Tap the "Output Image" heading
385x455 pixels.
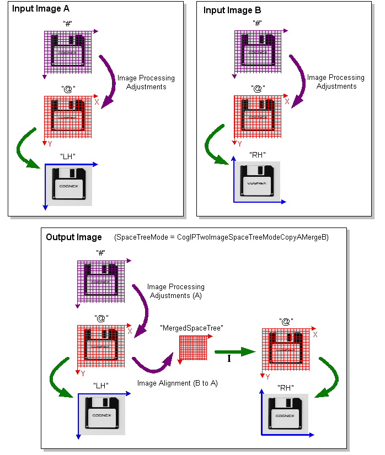click(x=74, y=237)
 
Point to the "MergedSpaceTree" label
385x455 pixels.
click(x=191, y=328)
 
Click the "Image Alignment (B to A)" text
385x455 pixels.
click(x=178, y=383)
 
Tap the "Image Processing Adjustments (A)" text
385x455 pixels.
click(x=175, y=291)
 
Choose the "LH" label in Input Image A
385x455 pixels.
click(x=68, y=156)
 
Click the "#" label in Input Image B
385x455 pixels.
click(x=256, y=23)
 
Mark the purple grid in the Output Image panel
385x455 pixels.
click(x=100, y=283)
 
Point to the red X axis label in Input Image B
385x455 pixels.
click(x=286, y=101)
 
